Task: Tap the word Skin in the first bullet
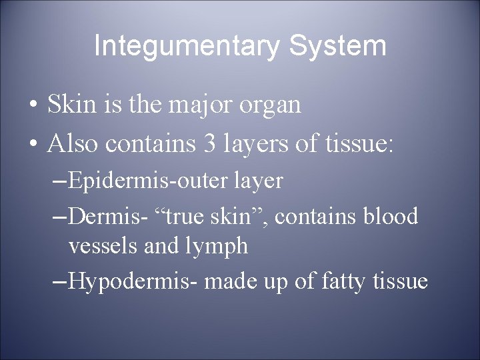pos(69,105)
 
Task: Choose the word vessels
pos(103,246)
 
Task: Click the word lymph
pos(215,247)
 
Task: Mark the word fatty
pos(332,281)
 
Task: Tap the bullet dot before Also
pos(32,143)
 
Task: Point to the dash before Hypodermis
pos(59,281)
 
